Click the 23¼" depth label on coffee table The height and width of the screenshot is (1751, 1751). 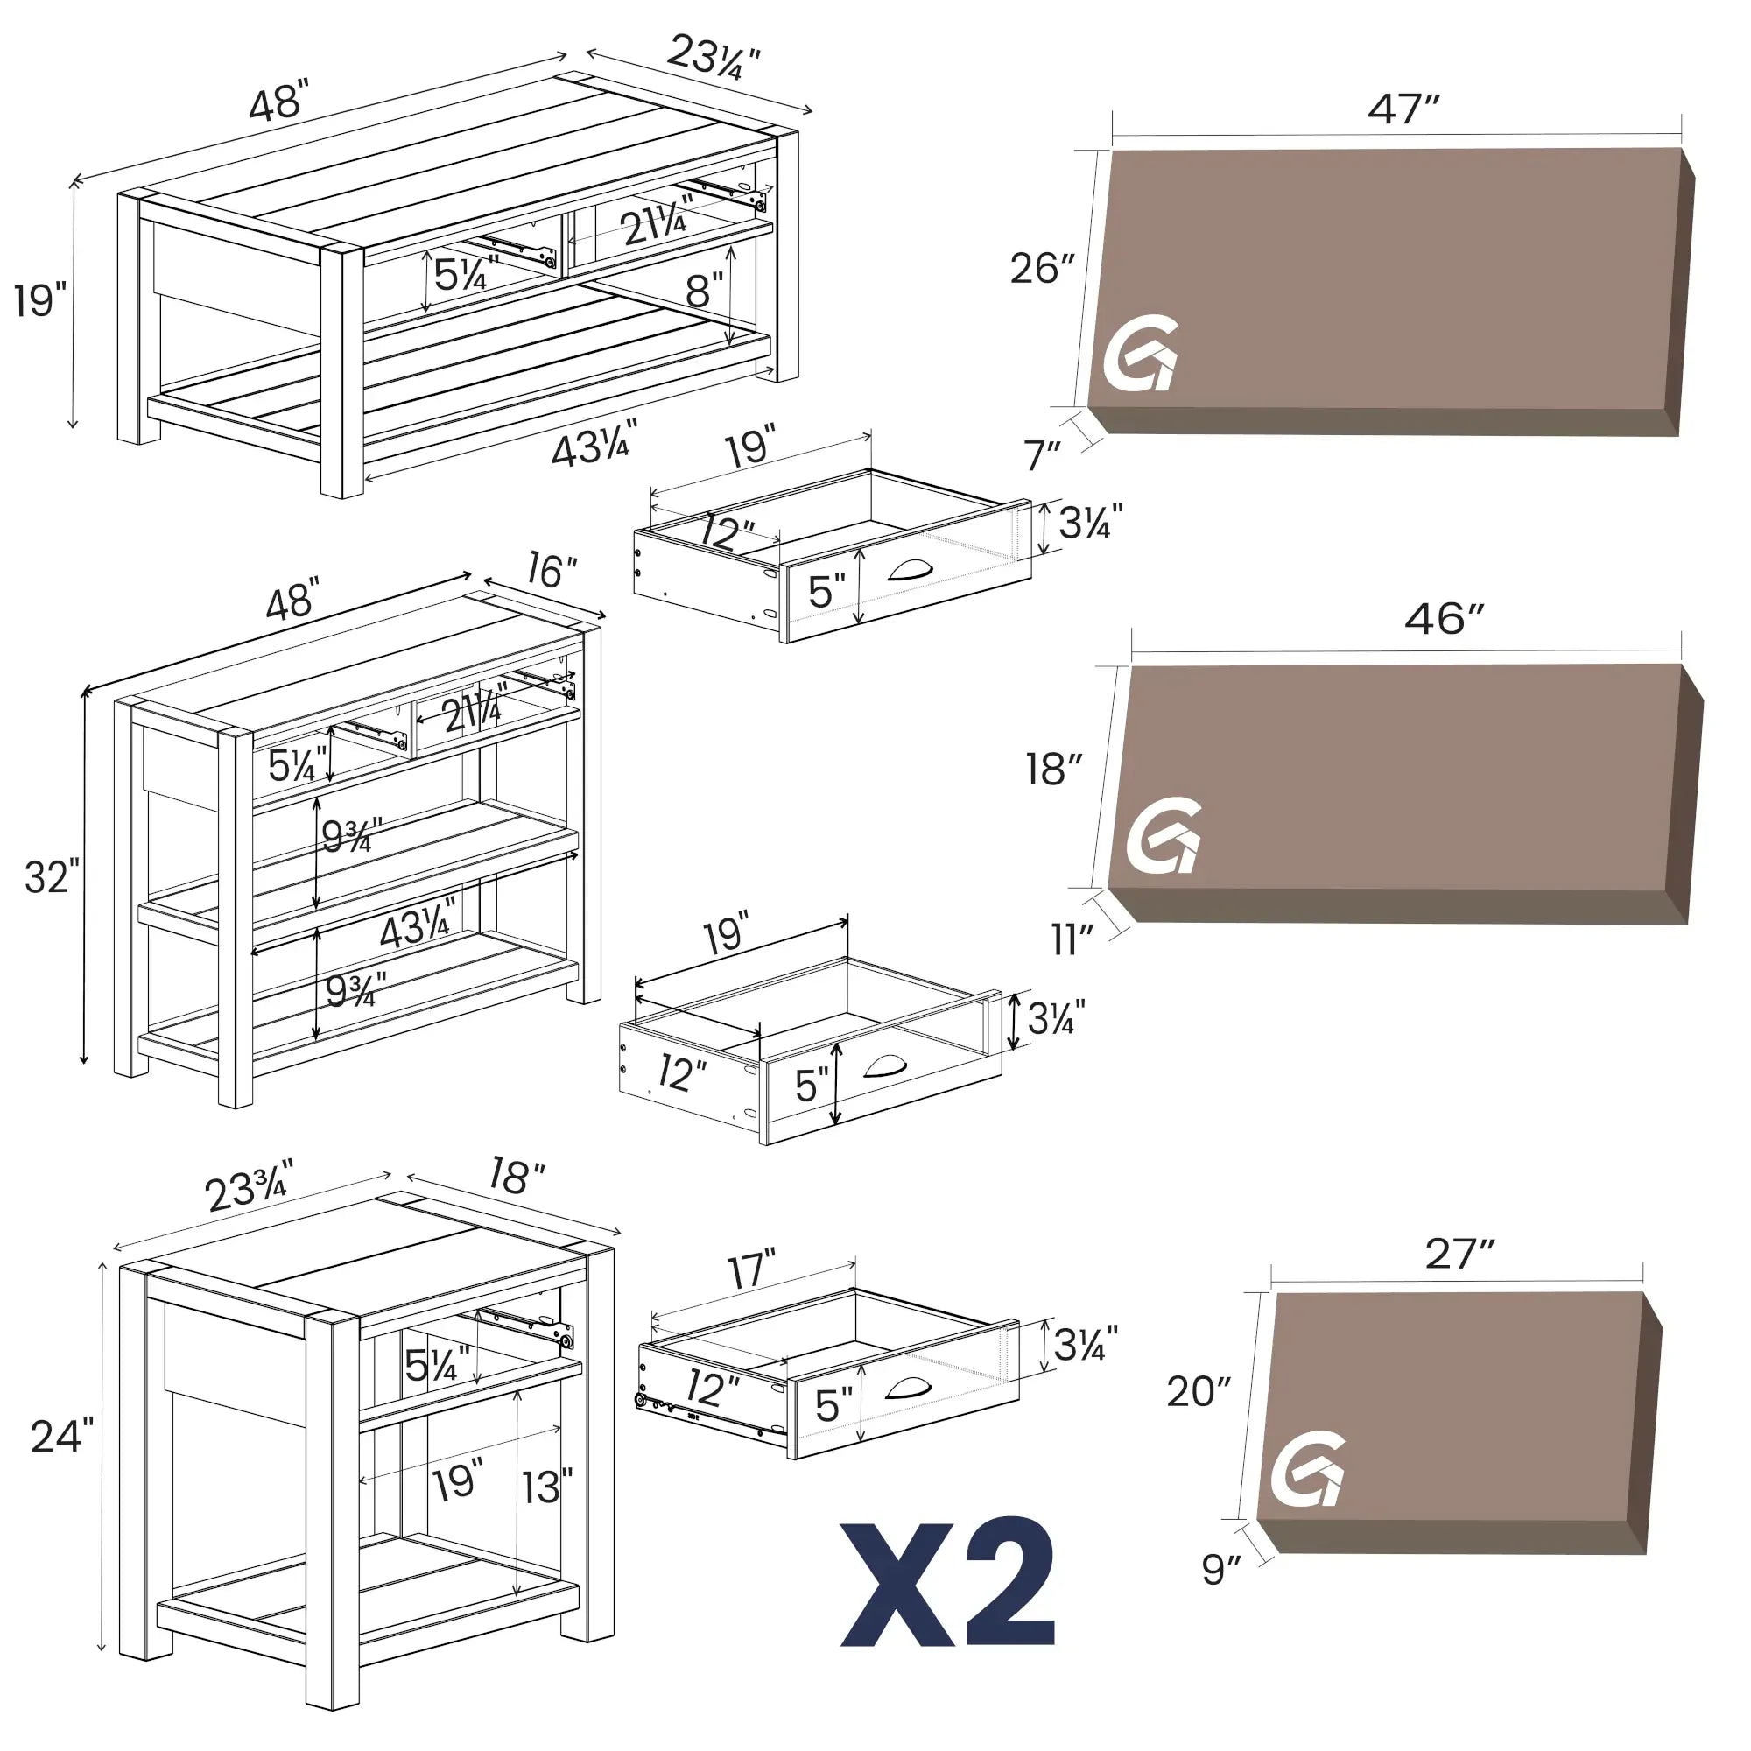[x=713, y=57]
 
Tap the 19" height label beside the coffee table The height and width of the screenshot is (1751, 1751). [x=40, y=300]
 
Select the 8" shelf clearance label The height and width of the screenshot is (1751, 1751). [x=704, y=291]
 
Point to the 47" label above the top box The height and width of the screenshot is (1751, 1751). [x=1403, y=109]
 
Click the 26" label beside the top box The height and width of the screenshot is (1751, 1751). [x=1042, y=268]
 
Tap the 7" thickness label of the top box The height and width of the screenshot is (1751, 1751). [x=1041, y=455]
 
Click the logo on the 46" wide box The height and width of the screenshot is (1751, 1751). [x=1164, y=834]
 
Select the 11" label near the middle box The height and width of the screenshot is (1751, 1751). [x=1072, y=941]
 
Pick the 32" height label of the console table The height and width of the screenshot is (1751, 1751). [x=51, y=877]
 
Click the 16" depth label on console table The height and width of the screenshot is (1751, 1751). [x=551, y=571]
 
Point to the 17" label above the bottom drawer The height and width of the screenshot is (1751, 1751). [x=751, y=1269]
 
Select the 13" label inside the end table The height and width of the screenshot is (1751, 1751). [x=546, y=1487]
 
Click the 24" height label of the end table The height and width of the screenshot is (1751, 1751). [x=61, y=1438]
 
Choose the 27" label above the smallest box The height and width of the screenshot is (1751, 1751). [x=1459, y=1255]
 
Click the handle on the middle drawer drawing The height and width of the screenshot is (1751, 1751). [x=885, y=1066]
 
